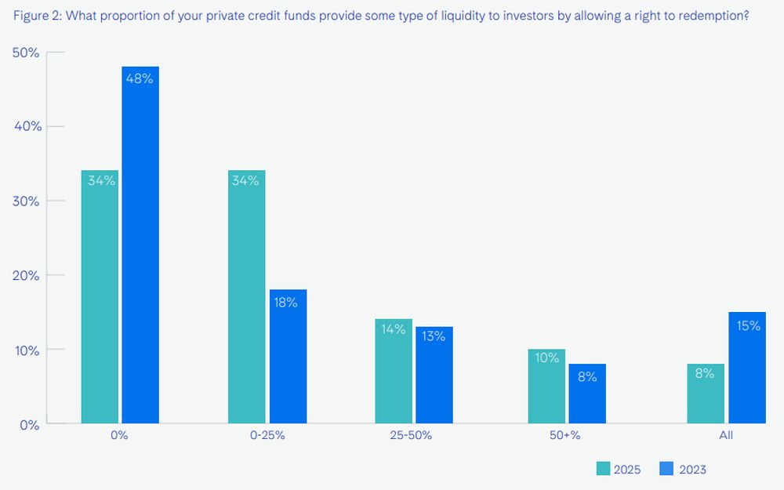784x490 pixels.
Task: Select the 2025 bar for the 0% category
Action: [100, 297]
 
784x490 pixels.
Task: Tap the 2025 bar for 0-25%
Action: [246, 297]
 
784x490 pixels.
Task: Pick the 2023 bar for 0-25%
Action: [288, 357]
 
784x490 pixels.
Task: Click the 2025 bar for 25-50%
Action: [394, 372]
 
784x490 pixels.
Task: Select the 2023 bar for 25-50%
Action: [434, 376]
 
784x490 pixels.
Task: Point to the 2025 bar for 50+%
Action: [546, 387]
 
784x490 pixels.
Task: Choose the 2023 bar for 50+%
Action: [587, 394]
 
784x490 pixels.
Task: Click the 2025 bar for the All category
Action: [705, 394]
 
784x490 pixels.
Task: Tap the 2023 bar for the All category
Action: [746, 368]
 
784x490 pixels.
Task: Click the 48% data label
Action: [140, 78]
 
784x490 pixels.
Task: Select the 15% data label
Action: [748, 325]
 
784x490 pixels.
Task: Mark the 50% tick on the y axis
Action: [27, 52]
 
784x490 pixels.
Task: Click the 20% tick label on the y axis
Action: [27, 275]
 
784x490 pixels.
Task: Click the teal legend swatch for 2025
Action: [604, 469]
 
